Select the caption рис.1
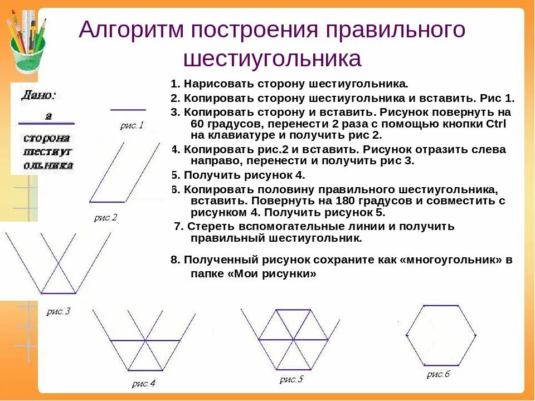[x=132, y=126]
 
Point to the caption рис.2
[x=105, y=218]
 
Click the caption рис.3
[x=58, y=311]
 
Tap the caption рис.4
[x=144, y=383]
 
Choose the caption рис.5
[x=291, y=379]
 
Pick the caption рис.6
[x=438, y=374]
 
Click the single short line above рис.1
[x=128, y=110]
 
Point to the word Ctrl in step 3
[x=496, y=123]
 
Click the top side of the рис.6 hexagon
[x=441, y=305]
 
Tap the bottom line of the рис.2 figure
[x=108, y=202]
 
